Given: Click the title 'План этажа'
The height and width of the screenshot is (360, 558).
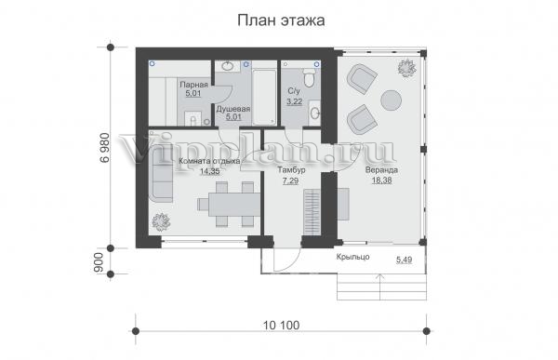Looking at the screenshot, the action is tap(281, 20).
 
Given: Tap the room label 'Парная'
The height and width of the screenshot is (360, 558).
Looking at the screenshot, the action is tap(193, 85).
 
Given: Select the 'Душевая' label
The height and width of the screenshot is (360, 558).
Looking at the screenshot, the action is tap(233, 109).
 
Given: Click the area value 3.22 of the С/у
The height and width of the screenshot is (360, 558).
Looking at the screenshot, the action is tap(294, 101).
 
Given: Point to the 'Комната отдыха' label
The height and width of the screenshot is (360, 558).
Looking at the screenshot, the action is tap(209, 161).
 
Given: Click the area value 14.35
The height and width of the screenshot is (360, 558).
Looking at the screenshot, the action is tap(209, 171).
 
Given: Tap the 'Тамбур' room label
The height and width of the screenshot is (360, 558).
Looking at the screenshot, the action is tap(291, 170).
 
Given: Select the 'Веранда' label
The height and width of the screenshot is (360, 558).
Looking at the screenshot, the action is tap(381, 170).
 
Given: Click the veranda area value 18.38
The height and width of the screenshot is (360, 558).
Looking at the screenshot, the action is tap(381, 180).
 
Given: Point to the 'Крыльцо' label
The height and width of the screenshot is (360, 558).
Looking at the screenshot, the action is tap(353, 257).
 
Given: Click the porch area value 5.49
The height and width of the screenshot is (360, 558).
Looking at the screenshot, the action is tap(404, 260).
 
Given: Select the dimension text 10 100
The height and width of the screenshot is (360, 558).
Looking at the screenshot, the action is tap(281, 325).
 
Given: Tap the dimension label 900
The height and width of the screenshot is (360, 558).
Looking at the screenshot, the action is tap(99, 262).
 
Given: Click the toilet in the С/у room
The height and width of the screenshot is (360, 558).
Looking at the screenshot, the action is tap(308, 77).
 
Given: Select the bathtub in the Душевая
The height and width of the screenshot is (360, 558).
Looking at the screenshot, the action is tap(264, 98).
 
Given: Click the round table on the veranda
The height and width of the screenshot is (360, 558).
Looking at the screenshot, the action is tap(392, 100).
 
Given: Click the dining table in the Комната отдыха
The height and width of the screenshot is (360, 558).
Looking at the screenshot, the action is tap(234, 205).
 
